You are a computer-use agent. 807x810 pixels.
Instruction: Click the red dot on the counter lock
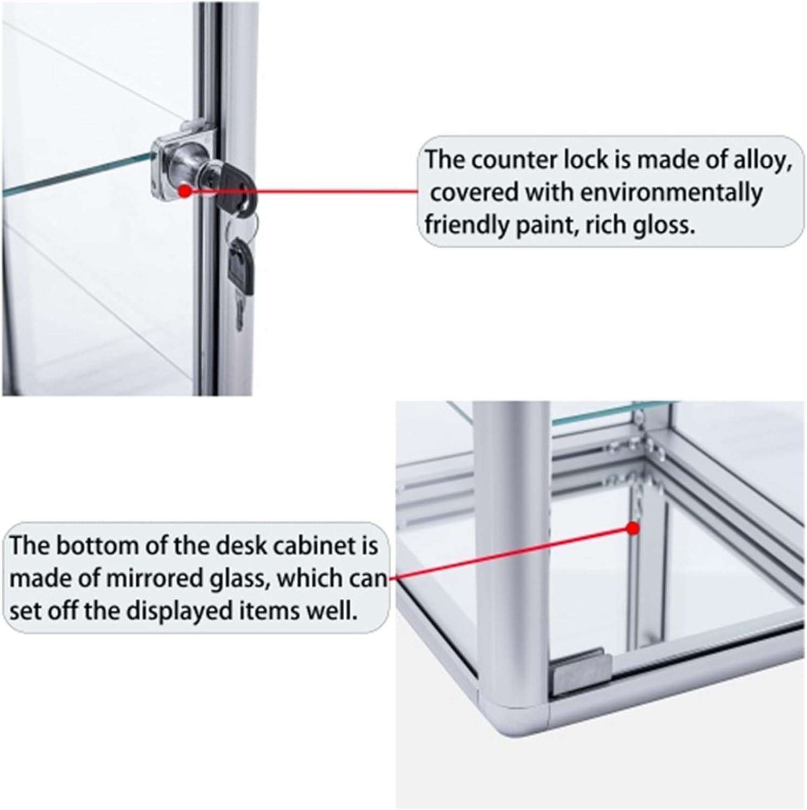[x=185, y=191]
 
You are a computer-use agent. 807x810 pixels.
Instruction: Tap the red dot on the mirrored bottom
[x=633, y=529]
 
